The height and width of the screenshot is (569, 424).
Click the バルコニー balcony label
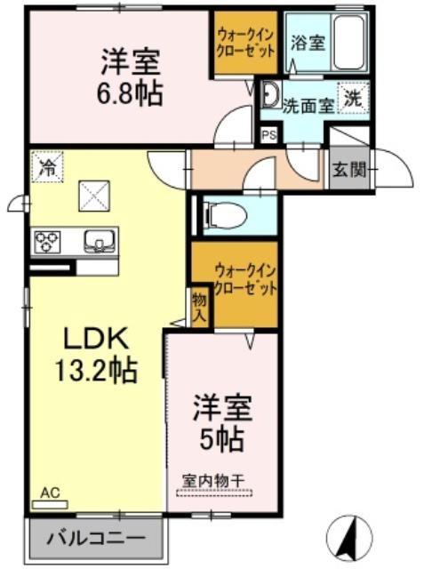pyautogui.click(x=97, y=538)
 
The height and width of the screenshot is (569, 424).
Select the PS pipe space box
pyautogui.click(x=268, y=135)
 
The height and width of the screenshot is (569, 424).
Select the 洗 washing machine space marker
pyautogui.click(x=353, y=98)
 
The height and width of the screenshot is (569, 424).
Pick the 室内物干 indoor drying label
pyautogui.click(x=214, y=481)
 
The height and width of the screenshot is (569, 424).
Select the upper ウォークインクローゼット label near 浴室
pyautogui.click(x=246, y=42)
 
